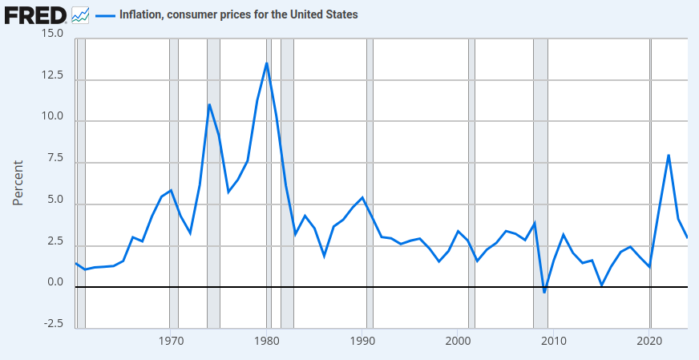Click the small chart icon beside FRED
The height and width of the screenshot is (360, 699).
click(80, 14)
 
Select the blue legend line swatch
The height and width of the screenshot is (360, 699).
click(104, 14)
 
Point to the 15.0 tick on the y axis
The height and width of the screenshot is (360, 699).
click(52, 34)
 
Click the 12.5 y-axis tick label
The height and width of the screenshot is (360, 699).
click(52, 75)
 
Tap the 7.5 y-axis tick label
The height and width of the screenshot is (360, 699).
click(55, 158)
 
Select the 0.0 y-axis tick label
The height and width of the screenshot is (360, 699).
click(55, 281)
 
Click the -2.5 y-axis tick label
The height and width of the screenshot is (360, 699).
click(53, 323)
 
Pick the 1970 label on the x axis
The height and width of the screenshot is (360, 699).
click(170, 341)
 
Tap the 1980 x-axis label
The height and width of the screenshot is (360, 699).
click(266, 341)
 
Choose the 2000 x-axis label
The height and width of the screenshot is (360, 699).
click(458, 341)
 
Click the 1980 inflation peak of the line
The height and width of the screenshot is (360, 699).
click(266, 63)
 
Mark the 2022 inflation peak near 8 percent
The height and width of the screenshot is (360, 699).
click(669, 155)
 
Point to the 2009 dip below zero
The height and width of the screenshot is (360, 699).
click(544, 292)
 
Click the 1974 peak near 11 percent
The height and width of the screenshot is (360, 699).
click(209, 104)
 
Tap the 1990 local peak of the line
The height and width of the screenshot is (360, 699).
click(362, 197)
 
